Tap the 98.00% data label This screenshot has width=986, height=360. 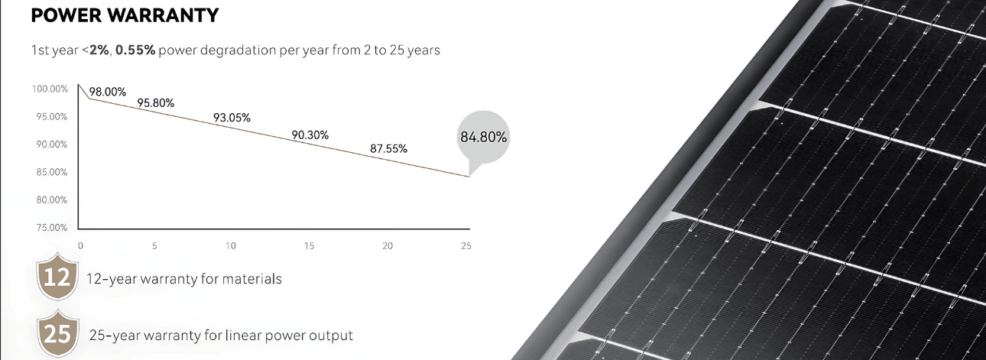pos(107,92)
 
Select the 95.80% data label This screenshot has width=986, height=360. pos(156,102)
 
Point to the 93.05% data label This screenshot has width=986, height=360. pos(232,118)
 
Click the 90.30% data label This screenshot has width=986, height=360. pos(310,135)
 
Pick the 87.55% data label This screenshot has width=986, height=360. pos(388,149)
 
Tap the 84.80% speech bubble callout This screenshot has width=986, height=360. pos(483,138)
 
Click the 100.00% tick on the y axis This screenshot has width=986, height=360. pos(50,89)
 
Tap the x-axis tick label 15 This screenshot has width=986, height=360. pos(310,246)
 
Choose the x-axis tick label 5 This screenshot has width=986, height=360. pos(155,246)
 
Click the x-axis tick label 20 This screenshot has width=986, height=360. pos(388,246)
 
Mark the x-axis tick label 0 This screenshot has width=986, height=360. pos(80,246)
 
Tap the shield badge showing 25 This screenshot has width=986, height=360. pos(57,335)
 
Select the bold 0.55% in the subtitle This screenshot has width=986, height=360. pos(136,50)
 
